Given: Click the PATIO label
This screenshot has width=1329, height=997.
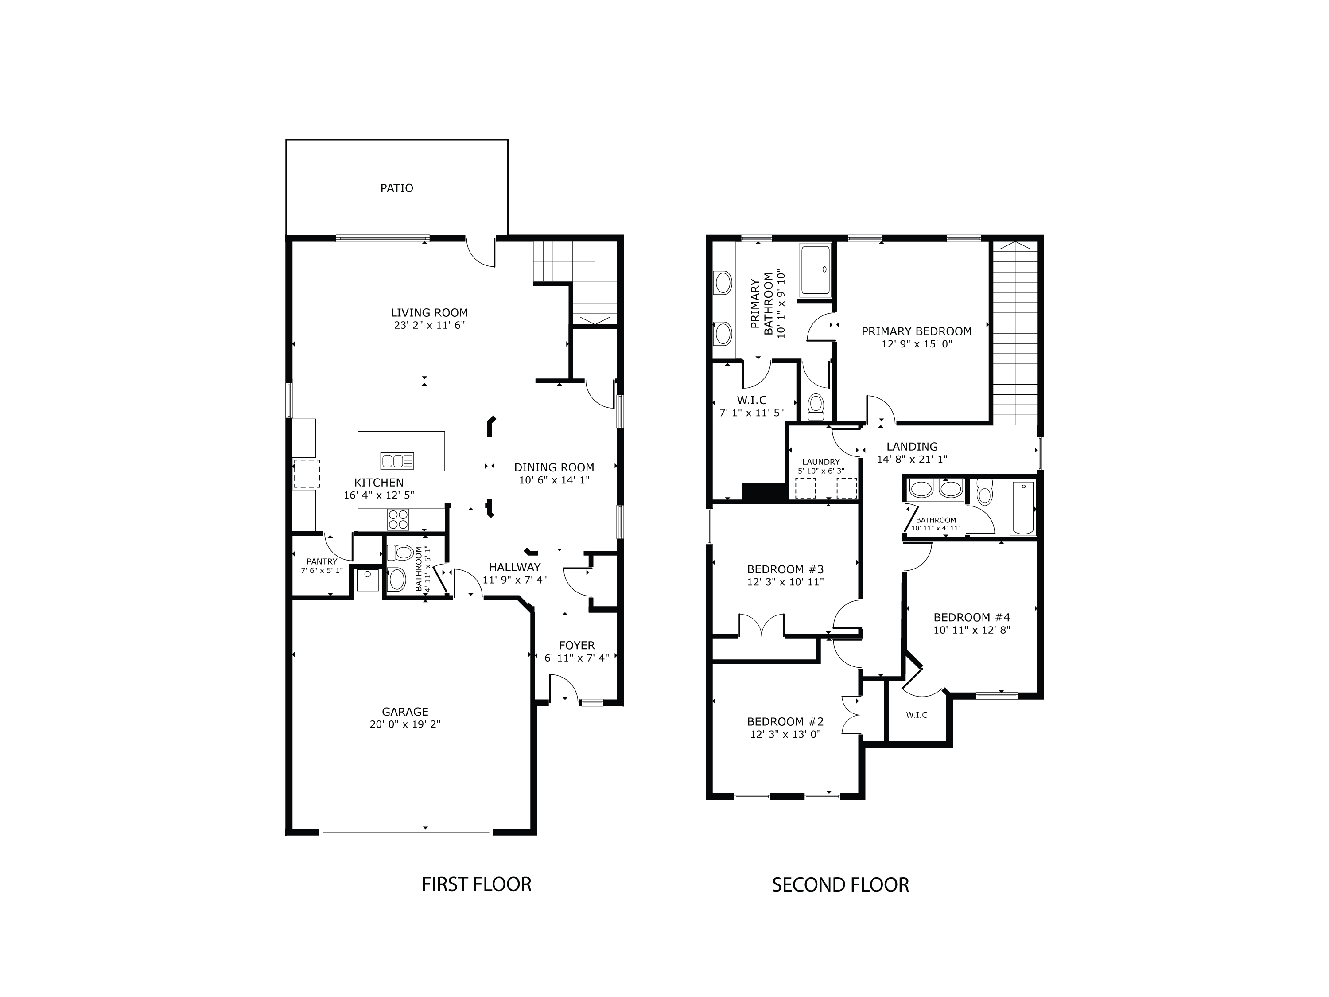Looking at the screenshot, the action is point(396,188).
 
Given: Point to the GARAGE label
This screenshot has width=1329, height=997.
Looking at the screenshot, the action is point(405,712).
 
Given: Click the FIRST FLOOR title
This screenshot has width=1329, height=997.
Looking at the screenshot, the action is point(476,884).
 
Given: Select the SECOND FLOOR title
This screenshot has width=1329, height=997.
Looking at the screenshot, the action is point(840,884).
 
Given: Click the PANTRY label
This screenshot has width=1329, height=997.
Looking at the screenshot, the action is point(322,561).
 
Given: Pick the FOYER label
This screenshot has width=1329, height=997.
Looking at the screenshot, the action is point(577,646).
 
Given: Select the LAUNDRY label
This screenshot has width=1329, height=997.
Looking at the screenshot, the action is point(821,462).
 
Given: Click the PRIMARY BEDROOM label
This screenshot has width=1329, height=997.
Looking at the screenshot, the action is point(916,331).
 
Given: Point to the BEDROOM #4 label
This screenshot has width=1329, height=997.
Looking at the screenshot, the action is point(971,617).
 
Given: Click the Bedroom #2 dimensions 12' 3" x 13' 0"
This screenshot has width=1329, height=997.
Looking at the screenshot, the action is point(785,734).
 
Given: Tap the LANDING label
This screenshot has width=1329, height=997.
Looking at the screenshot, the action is point(912,447).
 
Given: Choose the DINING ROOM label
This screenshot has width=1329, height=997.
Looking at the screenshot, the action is point(554,467).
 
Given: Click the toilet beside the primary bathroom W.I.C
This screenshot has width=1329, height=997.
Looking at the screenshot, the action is point(816,407).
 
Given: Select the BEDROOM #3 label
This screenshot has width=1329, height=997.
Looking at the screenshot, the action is point(785,569).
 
